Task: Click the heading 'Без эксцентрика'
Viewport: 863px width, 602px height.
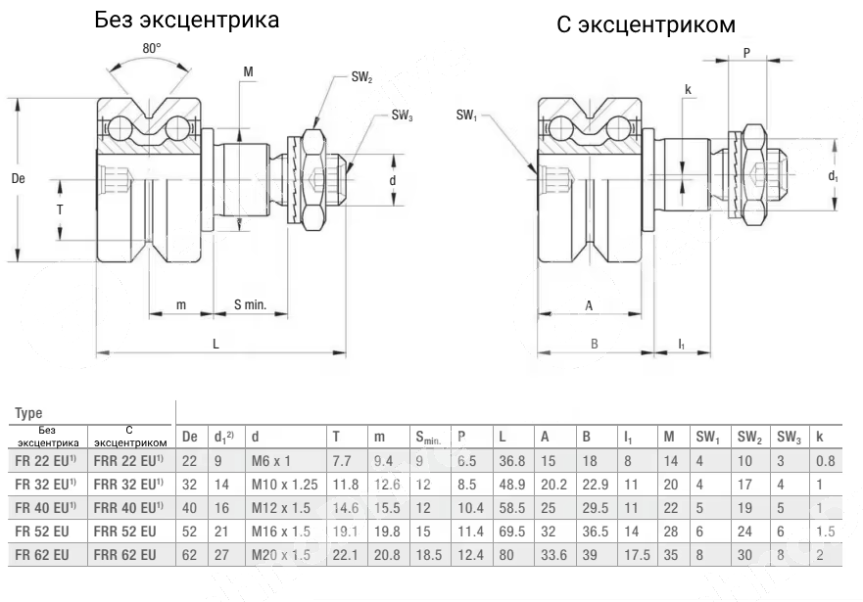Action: coord(187,20)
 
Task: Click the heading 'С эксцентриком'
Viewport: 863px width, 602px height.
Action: coord(646,25)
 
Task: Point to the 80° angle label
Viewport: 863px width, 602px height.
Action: coord(151,47)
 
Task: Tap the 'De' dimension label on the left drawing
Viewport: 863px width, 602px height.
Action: coord(18,178)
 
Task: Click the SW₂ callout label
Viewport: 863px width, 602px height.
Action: coord(361,78)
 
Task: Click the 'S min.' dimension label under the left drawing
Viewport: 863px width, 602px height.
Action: coord(250,305)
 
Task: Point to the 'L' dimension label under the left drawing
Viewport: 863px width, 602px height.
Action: coord(216,343)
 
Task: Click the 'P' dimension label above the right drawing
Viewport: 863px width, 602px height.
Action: coord(746,54)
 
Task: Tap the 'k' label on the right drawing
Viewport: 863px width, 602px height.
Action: coord(688,90)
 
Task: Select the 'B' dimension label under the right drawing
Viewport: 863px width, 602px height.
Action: coord(594,343)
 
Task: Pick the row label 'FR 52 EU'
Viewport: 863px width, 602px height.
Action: coord(41,532)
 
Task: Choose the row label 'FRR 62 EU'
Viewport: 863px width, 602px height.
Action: coord(123,555)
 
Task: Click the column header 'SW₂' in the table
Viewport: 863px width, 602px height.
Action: coord(750,436)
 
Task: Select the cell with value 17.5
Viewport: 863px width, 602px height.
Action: coord(637,555)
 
